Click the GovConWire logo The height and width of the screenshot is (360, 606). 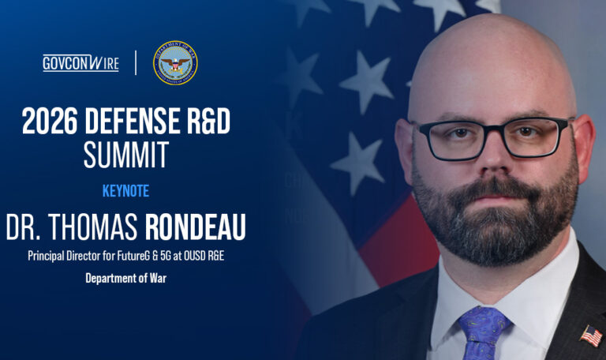80,63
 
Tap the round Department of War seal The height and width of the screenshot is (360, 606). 175,63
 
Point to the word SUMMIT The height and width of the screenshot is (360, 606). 126,155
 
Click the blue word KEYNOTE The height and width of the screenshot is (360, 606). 125,191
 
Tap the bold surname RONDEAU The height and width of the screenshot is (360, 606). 195,227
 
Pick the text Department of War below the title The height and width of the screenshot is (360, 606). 125,278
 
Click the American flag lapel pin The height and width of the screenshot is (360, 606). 590,336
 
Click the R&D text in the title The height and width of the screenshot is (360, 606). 204,122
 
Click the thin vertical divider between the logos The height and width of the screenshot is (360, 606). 136,63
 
